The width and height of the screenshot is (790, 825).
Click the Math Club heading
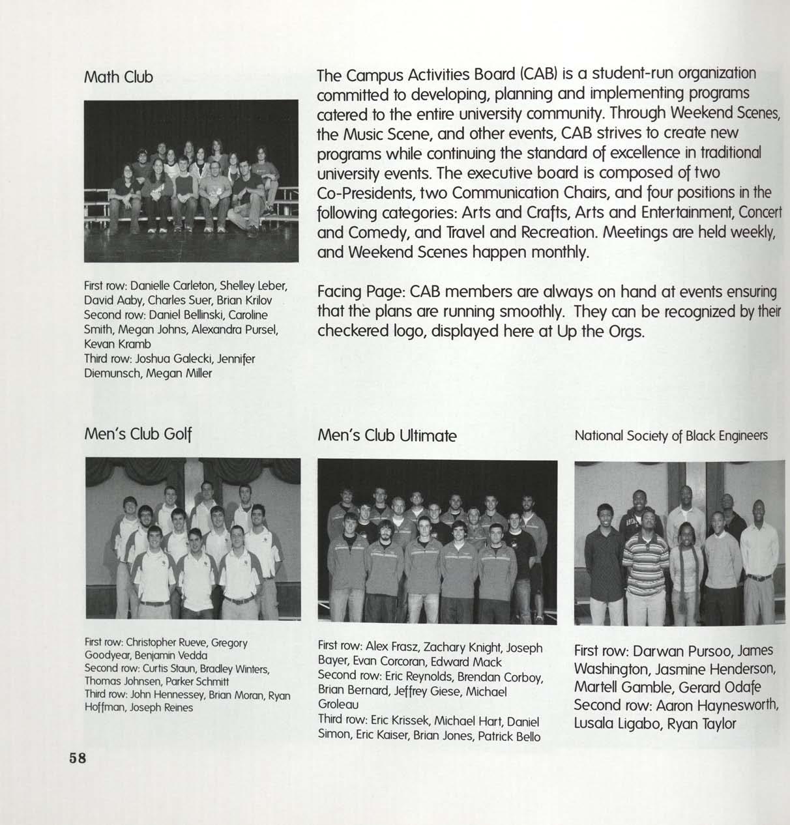(119, 78)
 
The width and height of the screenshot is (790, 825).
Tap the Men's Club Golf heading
(138, 435)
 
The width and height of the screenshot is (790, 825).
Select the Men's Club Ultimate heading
(387, 436)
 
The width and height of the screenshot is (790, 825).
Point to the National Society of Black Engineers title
(671, 436)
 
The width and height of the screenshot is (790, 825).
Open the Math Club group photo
(191, 181)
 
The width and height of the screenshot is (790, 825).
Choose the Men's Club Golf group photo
(193, 538)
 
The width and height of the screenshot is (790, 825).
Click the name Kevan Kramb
(117, 343)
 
